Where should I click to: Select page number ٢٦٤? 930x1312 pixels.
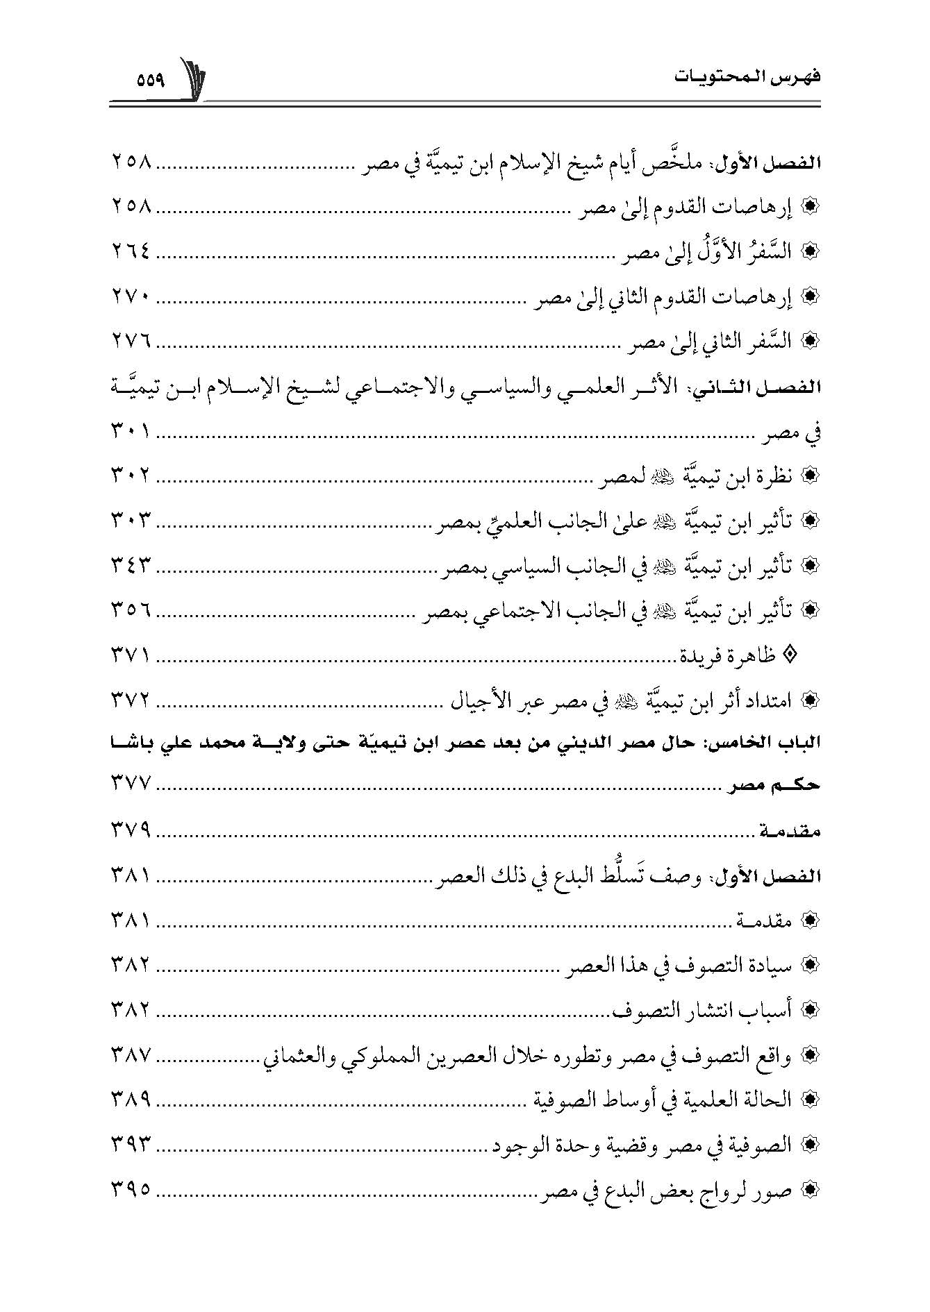[130, 253]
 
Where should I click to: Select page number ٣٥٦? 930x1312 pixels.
[130, 610]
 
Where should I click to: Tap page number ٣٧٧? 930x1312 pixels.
[130, 784]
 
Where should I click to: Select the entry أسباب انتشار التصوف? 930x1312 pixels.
[704, 1009]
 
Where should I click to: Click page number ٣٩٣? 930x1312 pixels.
[130, 1144]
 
